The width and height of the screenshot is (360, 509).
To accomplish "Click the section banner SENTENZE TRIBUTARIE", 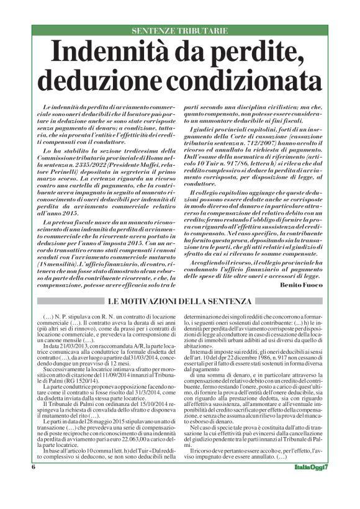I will point(180,30).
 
